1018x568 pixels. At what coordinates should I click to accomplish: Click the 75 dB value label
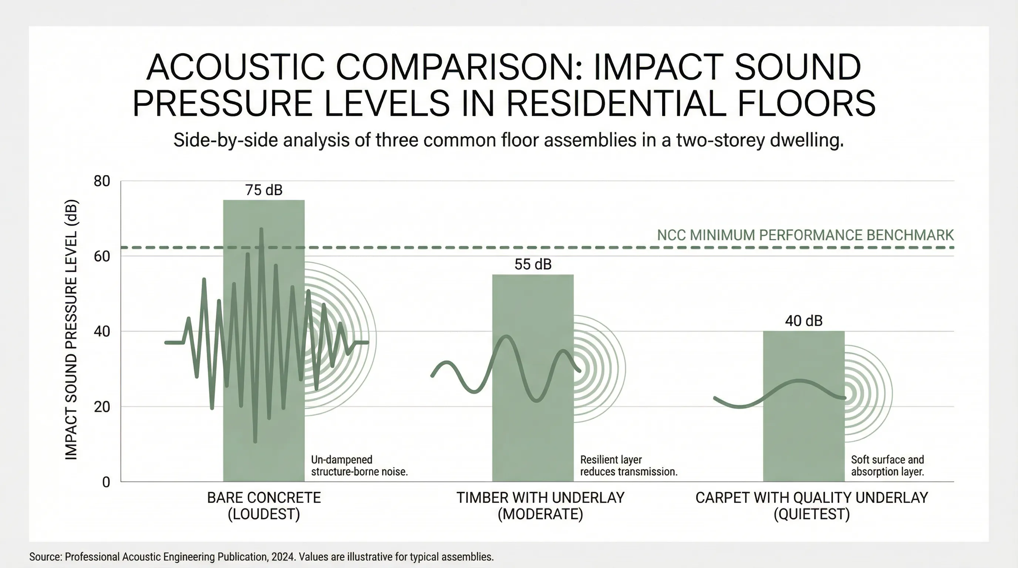[x=264, y=190]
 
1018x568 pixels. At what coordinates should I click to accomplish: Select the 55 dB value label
[x=533, y=264]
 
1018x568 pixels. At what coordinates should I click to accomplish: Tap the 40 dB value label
[x=803, y=321]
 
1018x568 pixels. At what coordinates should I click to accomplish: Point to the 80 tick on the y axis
[x=102, y=181]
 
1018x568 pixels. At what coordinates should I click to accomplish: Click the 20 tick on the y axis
[x=102, y=407]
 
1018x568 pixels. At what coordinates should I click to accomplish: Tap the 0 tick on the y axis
[x=106, y=482]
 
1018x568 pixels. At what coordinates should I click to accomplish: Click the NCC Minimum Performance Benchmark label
[x=805, y=235]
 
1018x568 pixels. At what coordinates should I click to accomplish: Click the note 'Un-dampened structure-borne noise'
[x=359, y=465]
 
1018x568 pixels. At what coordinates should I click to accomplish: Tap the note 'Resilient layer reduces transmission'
[x=628, y=465]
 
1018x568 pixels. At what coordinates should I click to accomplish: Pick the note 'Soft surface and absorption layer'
[x=887, y=465]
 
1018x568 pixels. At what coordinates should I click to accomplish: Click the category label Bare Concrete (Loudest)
[x=264, y=506]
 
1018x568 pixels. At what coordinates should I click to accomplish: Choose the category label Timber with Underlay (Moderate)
[x=540, y=506]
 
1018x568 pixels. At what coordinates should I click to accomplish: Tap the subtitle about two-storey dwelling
[x=509, y=140]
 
